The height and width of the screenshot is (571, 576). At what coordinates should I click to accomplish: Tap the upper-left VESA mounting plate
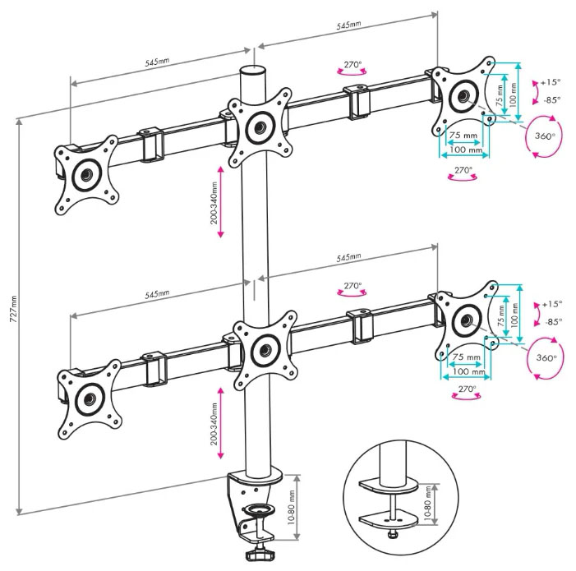(85, 174)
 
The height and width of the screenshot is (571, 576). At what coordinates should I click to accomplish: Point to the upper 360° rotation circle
(544, 136)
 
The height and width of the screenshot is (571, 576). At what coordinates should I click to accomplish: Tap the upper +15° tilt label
(550, 82)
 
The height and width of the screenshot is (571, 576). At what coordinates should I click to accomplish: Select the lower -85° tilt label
(551, 322)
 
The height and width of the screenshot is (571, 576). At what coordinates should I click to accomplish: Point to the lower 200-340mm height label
(214, 423)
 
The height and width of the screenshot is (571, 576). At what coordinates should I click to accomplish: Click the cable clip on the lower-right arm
(360, 324)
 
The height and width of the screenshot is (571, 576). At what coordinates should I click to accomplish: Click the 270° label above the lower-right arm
(353, 287)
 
